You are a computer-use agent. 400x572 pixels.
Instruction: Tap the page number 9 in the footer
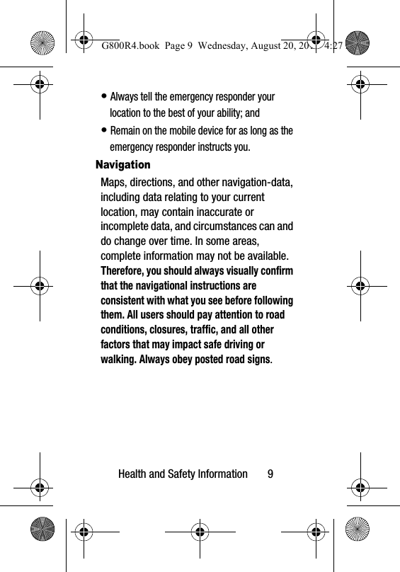270,474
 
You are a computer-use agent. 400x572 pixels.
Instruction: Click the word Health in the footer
135,474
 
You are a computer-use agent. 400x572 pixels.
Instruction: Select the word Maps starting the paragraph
115,183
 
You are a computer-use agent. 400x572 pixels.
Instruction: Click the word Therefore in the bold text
128,272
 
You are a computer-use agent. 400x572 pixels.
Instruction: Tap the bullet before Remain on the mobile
105,131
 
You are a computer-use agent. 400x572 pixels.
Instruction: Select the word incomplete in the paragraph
128,226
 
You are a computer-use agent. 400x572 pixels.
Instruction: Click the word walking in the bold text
118,359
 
